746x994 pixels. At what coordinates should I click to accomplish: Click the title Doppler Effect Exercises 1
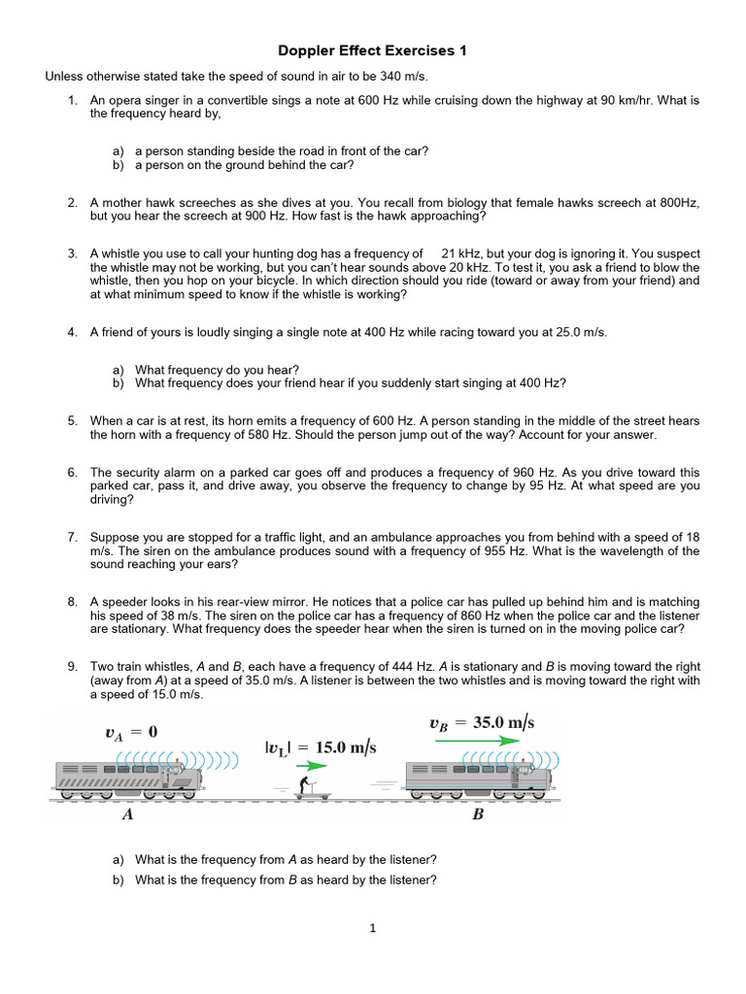(x=373, y=51)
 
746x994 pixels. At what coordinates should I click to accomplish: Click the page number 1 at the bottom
(x=372, y=928)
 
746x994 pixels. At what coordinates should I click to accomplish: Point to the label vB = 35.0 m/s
(x=482, y=723)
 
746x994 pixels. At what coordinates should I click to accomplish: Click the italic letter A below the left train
(x=127, y=815)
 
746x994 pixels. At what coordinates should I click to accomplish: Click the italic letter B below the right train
(x=478, y=815)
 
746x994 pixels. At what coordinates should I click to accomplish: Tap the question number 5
(x=72, y=420)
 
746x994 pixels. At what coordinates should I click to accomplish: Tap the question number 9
(x=72, y=667)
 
